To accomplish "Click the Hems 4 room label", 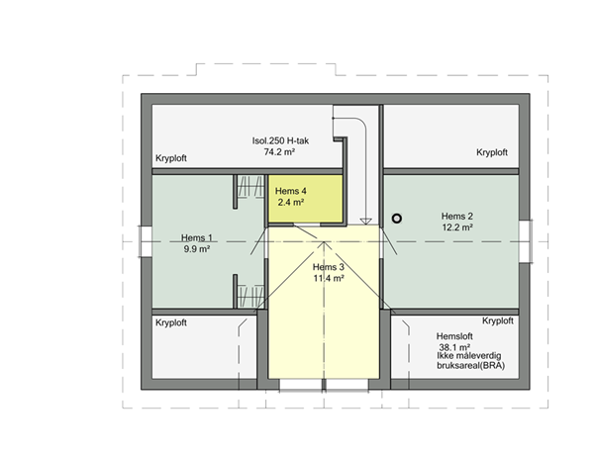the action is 290,191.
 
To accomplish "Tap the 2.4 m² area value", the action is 290,203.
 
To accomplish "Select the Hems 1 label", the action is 197,238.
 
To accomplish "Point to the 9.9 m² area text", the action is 197,249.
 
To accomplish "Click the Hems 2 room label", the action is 456,217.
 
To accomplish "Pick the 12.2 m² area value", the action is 456,227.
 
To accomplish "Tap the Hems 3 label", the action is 328,267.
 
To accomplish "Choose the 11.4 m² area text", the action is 328,279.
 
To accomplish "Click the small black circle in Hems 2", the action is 397,219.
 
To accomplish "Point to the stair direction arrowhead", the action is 366,221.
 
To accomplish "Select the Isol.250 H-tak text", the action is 280,140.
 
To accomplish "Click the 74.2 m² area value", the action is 279,152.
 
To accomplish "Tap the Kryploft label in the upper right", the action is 492,152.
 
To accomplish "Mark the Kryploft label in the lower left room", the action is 171,322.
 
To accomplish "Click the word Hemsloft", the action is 454,336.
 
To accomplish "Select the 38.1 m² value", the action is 454,347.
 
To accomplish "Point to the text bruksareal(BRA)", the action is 470,366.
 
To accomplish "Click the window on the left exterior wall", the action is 147,241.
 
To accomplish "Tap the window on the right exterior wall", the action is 525,241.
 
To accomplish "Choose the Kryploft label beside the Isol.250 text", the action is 171,158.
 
